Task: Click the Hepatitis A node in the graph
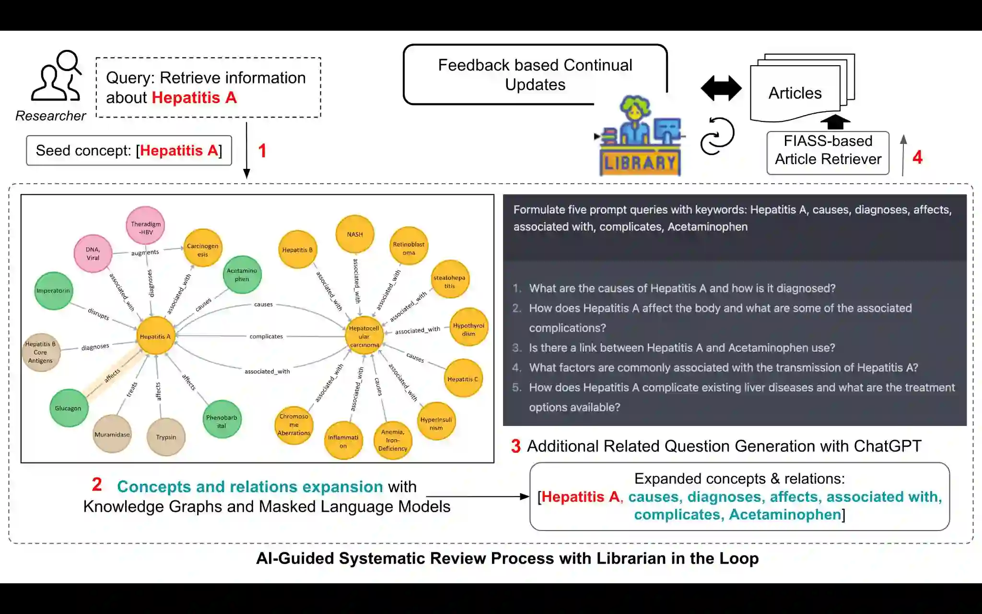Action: click(155, 336)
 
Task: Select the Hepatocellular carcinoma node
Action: click(364, 336)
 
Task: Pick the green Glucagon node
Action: click(68, 408)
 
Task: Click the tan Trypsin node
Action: click(166, 437)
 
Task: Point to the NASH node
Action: click(355, 234)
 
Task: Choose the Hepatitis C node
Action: click(463, 379)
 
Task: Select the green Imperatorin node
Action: click(53, 291)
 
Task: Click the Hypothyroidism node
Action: click(468, 329)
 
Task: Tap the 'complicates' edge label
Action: click(266, 336)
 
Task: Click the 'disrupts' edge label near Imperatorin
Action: click(98, 314)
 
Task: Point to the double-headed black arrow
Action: click(721, 88)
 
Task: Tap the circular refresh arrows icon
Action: click(717, 136)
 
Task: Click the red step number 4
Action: click(917, 157)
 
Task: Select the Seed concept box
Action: click(129, 151)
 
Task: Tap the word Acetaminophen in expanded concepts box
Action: click(785, 515)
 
